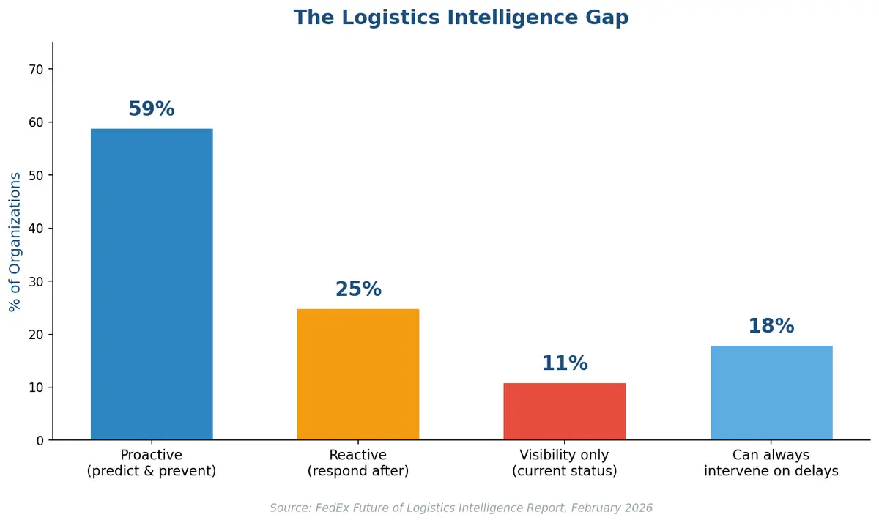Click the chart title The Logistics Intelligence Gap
tap(461, 18)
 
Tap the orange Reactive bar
tap(358, 374)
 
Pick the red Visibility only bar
tap(565, 411)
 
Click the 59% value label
tap(152, 109)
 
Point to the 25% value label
tap(358, 289)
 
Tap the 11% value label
tap(565, 363)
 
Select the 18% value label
tap(771, 326)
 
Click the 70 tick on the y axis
tap(37, 70)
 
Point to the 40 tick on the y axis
tap(37, 229)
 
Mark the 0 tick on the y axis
tap(40, 440)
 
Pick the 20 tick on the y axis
tap(37, 335)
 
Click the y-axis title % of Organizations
tap(15, 242)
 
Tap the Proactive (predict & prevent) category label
tap(152, 463)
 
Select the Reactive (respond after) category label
tap(358, 463)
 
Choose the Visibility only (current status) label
tap(565, 463)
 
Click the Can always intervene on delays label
tap(771, 463)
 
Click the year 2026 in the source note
tap(638, 508)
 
